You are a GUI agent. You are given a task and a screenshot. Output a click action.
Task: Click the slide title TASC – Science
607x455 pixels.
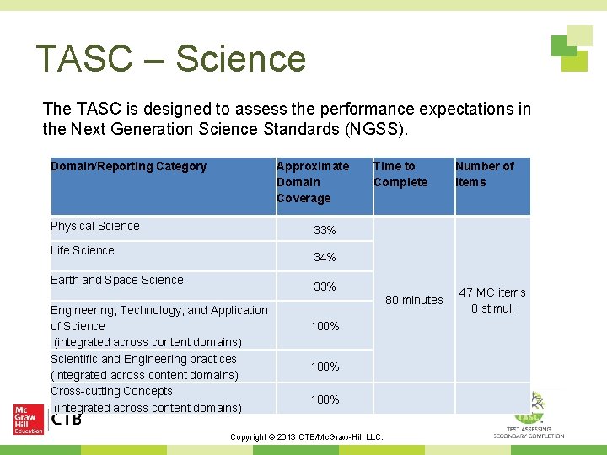[171, 59]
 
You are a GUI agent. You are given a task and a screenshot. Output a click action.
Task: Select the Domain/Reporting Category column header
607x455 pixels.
[128, 166]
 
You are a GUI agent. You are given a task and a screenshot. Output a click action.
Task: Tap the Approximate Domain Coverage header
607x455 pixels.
[313, 182]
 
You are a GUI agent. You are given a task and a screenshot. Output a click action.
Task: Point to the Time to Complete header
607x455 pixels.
[400, 174]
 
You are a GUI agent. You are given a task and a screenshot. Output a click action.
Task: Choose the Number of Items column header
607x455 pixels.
[484, 174]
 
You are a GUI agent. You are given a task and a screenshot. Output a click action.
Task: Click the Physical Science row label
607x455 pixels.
[95, 226]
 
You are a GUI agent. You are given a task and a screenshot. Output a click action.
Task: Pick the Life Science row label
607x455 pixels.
[83, 250]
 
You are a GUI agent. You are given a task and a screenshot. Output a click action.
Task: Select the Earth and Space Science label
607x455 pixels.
[116, 280]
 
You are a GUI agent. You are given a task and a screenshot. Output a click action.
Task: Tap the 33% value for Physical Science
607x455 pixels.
[325, 230]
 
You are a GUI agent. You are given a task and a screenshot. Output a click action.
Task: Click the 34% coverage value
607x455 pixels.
[325, 257]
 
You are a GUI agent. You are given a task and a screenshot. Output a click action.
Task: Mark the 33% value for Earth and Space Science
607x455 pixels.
[325, 286]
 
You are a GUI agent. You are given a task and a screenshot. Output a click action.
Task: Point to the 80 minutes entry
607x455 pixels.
[414, 300]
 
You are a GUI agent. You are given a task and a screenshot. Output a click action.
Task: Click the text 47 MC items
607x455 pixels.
[492, 292]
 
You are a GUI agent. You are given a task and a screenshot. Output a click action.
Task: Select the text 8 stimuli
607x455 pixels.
[492, 308]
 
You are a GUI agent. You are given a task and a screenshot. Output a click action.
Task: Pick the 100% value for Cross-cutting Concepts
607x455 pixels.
[325, 399]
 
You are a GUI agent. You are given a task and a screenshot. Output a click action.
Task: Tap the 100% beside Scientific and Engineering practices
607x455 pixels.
[325, 367]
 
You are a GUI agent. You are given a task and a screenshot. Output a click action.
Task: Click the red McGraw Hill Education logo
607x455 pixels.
[28, 419]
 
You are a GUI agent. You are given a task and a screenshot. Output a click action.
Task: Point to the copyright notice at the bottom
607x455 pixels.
[307, 436]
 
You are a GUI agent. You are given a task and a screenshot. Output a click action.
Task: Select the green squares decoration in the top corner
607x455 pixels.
[571, 48]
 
